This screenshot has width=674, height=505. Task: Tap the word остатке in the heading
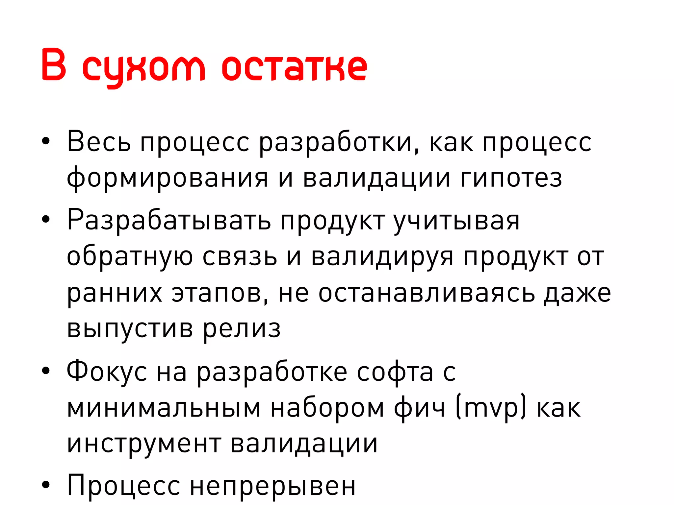[x=294, y=67]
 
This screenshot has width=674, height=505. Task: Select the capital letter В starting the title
[x=54, y=65]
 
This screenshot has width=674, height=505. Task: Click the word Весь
[x=99, y=142]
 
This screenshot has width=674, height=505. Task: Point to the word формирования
[x=167, y=178]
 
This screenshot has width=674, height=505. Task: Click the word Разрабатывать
[x=169, y=220]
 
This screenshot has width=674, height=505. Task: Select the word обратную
[x=130, y=256]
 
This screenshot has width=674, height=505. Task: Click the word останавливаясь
[x=427, y=293]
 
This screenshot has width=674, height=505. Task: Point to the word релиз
[x=242, y=329]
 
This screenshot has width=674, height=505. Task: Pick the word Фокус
[x=107, y=372]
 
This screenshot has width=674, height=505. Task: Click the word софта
[x=395, y=372]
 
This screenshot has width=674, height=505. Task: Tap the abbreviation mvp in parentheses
[x=491, y=408]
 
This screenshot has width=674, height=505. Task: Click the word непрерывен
[x=273, y=486]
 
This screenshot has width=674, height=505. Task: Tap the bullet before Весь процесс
[x=46, y=142]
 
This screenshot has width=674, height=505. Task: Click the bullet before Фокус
[x=46, y=371]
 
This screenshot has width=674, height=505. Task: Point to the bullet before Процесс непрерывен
[x=46, y=485]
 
